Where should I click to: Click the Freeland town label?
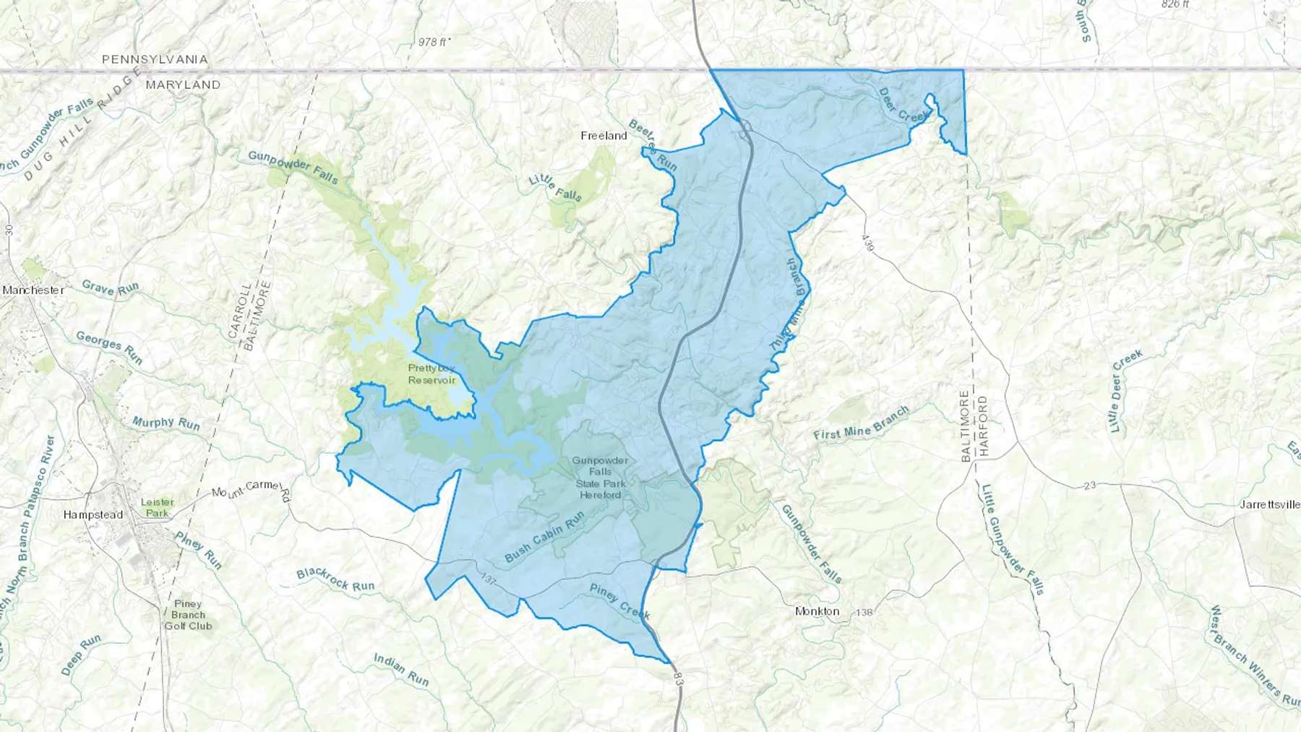click(604, 136)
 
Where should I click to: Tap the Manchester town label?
click(34, 290)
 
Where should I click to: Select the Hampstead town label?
click(93, 515)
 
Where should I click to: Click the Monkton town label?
click(817, 611)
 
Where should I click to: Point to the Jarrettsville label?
click(1270, 504)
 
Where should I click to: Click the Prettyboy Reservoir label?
click(431, 374)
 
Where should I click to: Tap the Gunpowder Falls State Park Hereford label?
click(600, 478)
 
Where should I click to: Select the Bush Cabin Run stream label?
click(544, 538)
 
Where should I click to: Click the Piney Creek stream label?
click(620, 602)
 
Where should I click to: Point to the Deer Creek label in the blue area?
click(903, 106)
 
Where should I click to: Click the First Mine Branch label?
click(861, 424)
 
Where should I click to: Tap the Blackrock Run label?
click(335, 580)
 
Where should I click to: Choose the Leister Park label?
click(157, 507)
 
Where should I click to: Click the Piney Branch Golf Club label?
click(188, 615)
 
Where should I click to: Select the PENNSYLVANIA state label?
click(155, 59)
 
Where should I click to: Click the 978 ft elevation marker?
click(434, 42)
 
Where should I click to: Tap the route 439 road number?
click(868, 243)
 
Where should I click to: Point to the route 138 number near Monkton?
click(864, 613)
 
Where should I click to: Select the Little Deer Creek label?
click(1127, 391)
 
